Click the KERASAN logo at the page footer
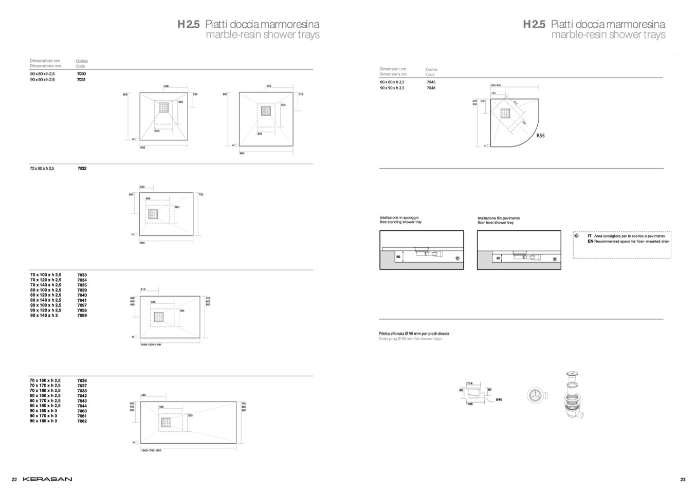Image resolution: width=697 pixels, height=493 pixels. [x=47, y=479]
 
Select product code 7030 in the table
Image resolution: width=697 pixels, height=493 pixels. [x=81, y=74]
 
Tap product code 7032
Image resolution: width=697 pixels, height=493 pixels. [x=82, y=169]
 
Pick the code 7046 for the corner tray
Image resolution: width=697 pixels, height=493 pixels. [x=431, y=88]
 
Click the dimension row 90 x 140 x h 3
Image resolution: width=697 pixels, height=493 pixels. [x=44, y=316]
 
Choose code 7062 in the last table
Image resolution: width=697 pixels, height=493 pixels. [x=82, y=421]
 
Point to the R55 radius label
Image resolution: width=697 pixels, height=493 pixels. [x=540, y=136]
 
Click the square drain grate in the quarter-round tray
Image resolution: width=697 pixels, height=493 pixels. [x=506, y=114]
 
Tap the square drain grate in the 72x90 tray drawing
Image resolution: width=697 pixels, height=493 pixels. [x=153, y=214]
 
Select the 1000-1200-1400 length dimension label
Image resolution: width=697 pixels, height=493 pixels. [x=151, y=344]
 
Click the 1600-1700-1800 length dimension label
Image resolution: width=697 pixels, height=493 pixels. [x=151, y=450]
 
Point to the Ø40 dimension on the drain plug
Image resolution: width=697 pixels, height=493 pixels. [x=499, y=399]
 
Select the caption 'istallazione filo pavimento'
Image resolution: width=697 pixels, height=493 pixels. [x=498, y=218]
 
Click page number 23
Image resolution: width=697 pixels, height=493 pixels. [x=683, y=480]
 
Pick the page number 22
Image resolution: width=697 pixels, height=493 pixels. [x=14, y=480]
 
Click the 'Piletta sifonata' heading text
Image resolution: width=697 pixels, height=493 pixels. [x=414, y=334]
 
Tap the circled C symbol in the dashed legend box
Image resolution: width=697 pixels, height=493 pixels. [x=576, y=236]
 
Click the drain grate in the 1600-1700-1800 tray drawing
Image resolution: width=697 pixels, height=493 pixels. [x=166, y=423]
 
